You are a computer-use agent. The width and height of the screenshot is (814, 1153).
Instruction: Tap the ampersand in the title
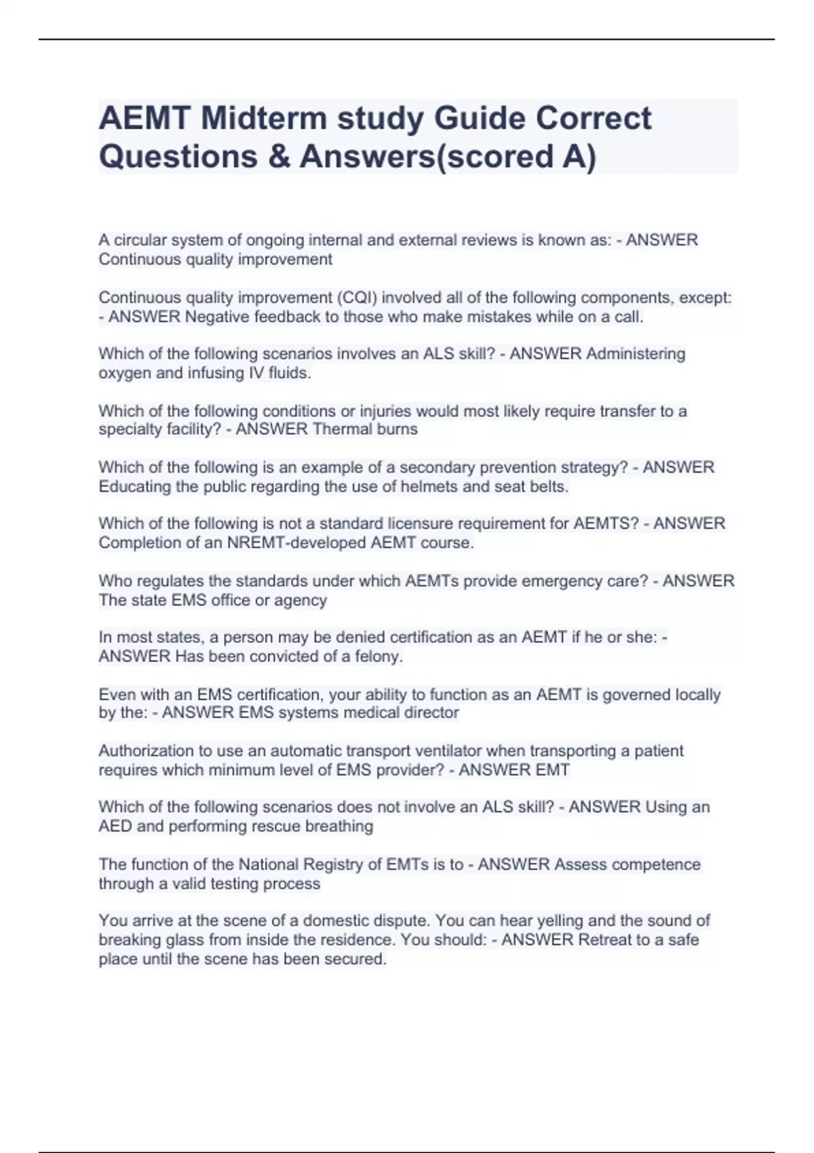(x=278, y=156)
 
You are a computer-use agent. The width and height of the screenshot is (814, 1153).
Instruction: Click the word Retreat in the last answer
(x=604, y=940)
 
